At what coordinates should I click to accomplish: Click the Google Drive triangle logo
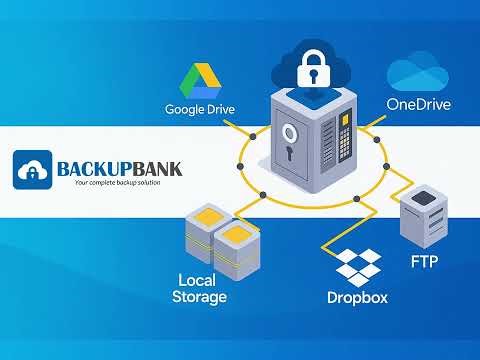point(198,81)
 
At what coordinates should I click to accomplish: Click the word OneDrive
point(419,104)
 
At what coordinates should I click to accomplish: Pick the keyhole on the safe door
point(290,156)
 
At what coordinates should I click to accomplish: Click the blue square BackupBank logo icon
point(34,170)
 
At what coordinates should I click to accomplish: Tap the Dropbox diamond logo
point(358,268)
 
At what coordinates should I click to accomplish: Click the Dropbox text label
point(358,298)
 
